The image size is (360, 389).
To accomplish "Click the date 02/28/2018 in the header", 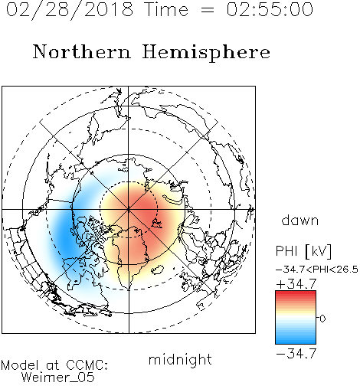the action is point(70,10).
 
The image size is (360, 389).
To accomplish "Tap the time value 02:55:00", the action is point(270,9).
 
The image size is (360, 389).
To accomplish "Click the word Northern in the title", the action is point(82,51).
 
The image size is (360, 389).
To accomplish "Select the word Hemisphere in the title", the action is point(206,52).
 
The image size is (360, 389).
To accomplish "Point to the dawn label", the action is point(300,221).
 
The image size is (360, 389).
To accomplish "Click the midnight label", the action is point(180,360).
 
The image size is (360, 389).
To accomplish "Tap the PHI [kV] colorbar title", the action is point(303,251).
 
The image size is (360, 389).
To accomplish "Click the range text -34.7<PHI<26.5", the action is point(317,270).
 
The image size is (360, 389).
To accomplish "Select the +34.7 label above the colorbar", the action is point(296,284).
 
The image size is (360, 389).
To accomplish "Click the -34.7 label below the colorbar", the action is point(296,354).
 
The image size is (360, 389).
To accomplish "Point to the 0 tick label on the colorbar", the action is point(322,319).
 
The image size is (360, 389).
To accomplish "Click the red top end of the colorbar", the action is point(296,293).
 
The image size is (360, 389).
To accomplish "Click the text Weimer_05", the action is point(57,378).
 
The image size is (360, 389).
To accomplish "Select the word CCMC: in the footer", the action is point(87,365).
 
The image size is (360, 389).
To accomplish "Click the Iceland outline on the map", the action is point(157,270).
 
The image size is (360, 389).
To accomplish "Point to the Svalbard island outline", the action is point(156,223).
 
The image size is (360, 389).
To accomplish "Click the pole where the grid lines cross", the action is point(129,210).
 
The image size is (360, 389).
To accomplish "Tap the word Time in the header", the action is point(166,10).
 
